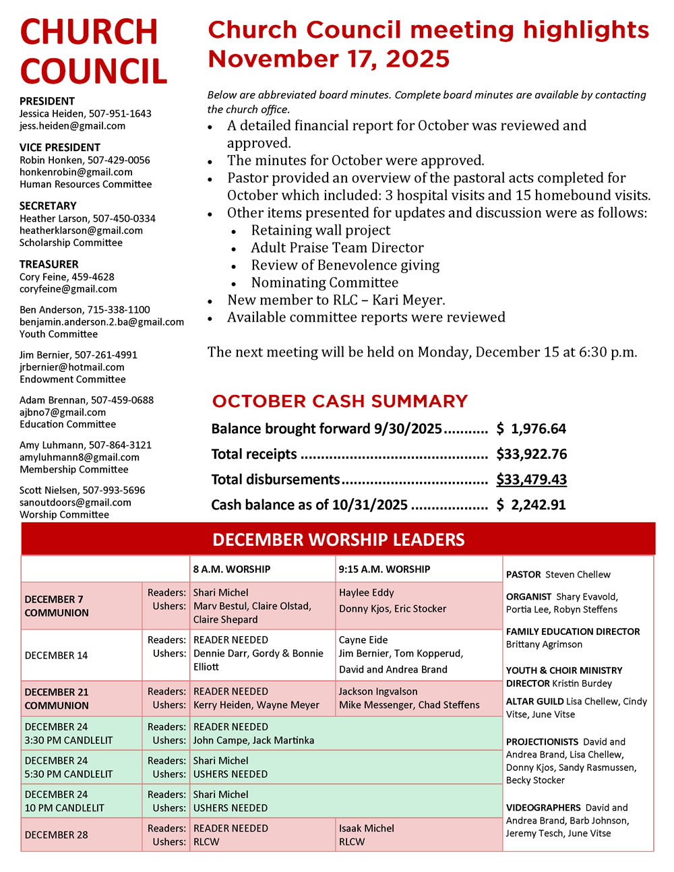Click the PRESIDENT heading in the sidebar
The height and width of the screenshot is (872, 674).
click(47, 101)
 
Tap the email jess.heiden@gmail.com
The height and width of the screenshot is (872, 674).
click(72, 126)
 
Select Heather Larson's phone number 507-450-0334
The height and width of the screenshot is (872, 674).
click(124, 218)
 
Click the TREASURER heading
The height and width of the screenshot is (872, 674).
click(49, 264)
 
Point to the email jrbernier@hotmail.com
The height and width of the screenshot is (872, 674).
click(71, 367)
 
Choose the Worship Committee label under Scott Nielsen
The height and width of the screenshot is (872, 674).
click(64, 515)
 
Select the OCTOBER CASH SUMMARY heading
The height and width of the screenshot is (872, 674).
click(340, 401)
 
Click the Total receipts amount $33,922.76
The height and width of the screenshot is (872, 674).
click(531, 454)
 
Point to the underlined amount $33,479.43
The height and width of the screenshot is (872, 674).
click(531, 479)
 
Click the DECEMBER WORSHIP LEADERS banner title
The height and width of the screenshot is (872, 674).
click(338, 540)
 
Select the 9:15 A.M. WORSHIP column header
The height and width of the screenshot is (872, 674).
click(384, 569)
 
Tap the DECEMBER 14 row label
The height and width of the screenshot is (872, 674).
click(56, 655)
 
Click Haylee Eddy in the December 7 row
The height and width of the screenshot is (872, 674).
click(366, 593)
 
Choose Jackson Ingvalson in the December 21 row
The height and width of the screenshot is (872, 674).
click(377, 691)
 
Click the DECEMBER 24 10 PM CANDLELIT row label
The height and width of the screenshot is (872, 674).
click(64, 801)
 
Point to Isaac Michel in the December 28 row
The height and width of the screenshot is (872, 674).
click(366, 828)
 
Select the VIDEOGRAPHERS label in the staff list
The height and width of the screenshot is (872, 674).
click(543, 807)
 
